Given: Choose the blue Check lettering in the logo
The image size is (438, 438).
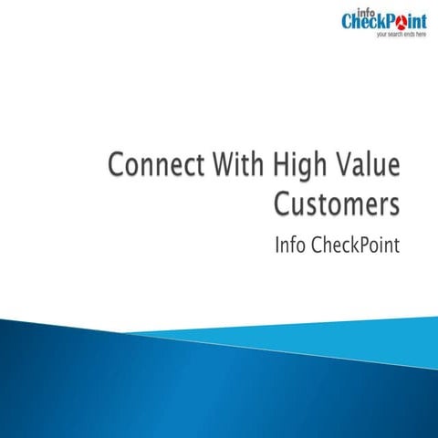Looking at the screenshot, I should (x=361, y=21).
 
